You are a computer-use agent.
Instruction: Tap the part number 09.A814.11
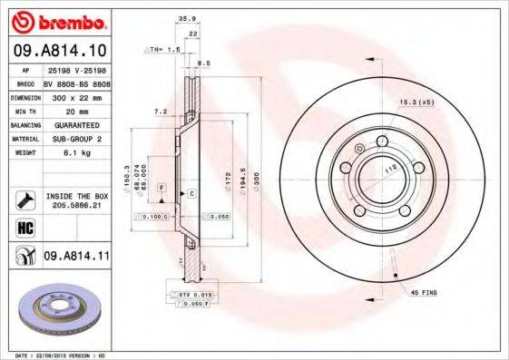point(76,257)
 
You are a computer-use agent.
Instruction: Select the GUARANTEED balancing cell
point(76,124)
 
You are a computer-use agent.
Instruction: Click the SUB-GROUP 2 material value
point(74,139)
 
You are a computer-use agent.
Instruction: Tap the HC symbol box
point(23,227)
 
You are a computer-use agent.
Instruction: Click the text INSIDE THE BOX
point(76,196)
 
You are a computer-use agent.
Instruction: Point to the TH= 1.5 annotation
point(162,49)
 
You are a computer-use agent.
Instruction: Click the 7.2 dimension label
point(162,111)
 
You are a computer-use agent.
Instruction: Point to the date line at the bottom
point(54,355)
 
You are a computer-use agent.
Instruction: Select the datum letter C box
point(191,193)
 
